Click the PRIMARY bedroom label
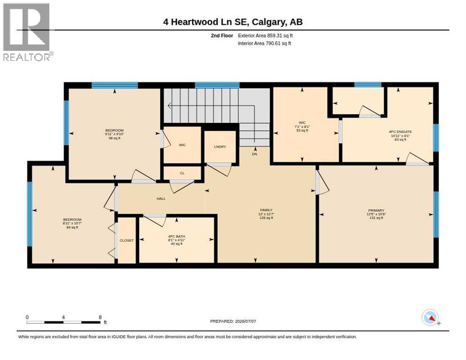376,210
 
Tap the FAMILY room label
266,210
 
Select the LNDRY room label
220,147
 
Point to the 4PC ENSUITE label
400,131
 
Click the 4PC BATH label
177,236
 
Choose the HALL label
161,199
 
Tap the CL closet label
182,173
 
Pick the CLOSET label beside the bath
127,240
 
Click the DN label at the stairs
255,154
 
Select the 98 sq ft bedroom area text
114,138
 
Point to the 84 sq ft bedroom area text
72,227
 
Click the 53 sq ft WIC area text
302,130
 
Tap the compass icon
430,318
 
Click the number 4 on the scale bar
63,317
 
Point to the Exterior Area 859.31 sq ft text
265,36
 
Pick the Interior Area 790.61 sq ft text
264,44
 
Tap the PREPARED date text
233,321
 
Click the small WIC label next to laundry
182,145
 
